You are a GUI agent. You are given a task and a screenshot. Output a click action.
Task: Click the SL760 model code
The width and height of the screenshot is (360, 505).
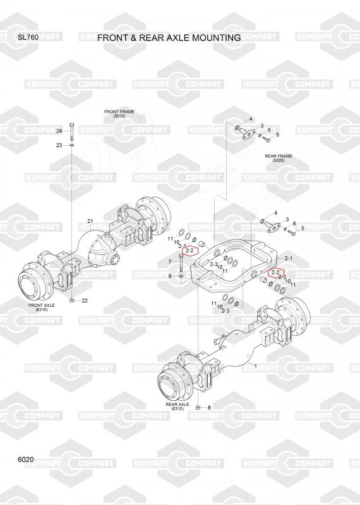(28, 37)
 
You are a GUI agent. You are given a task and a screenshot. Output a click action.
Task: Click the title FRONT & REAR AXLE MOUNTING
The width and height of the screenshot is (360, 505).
(169, 38)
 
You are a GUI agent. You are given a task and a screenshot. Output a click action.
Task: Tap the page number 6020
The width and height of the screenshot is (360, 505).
(26, 460)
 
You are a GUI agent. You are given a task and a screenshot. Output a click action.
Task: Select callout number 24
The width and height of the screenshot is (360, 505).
(59, 131)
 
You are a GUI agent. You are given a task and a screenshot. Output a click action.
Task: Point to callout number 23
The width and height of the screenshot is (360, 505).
(59, 145)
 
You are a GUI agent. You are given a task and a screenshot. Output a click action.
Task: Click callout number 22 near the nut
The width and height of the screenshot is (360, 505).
(85, 300)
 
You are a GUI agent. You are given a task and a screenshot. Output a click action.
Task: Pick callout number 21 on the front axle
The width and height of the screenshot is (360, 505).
(90, 221)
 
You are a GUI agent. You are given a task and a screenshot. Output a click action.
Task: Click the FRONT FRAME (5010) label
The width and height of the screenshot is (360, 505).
(119, 114)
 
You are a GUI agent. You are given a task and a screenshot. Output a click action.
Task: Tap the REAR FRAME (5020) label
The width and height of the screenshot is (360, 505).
(279, 158)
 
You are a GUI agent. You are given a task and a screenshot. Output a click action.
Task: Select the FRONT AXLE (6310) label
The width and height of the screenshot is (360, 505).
(42, 307)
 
